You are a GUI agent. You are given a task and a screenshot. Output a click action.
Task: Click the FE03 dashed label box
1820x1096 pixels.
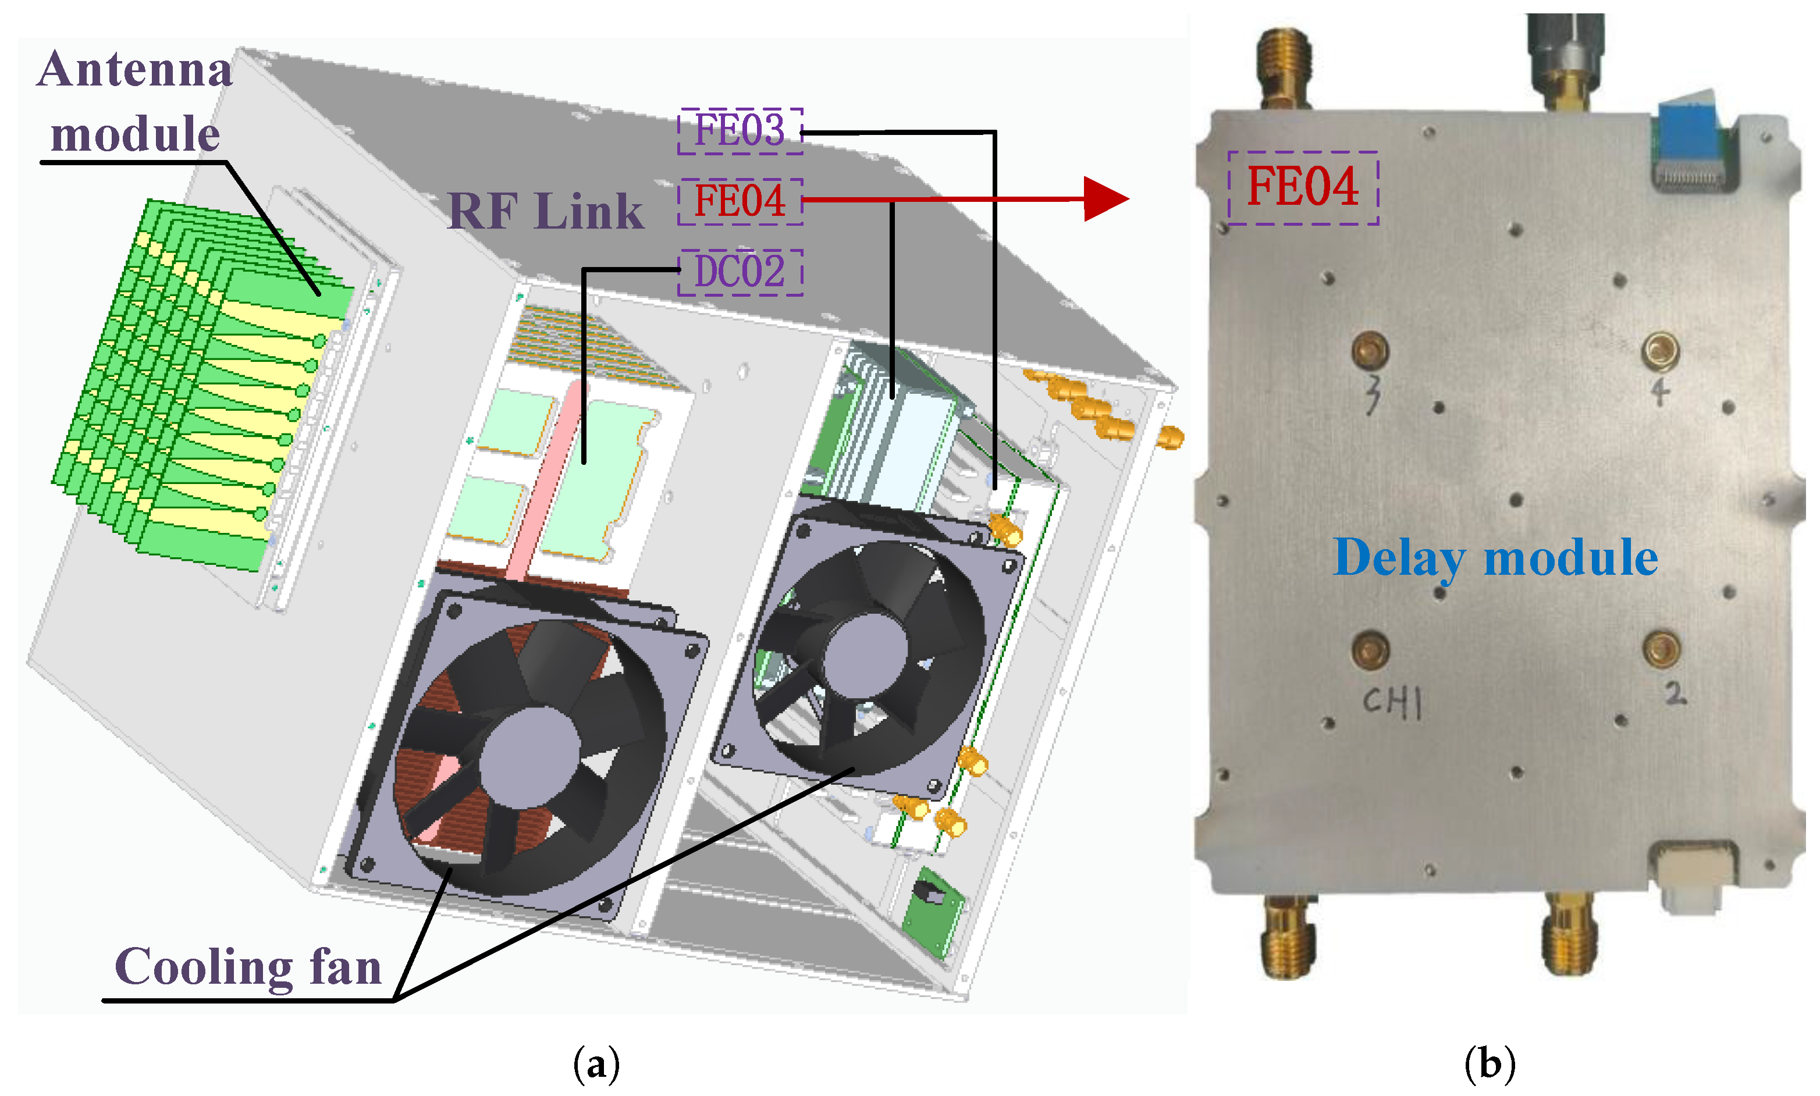click(x=740, y=131)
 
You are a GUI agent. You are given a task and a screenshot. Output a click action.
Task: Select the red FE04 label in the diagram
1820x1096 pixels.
click(x=740, y=201)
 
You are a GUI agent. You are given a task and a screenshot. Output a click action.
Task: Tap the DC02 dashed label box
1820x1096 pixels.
click(x=740, y=271)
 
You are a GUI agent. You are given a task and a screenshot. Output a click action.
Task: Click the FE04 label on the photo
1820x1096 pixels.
click(x=1302, y=187)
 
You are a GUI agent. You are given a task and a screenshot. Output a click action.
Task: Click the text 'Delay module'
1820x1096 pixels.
click(x=1495, y=558)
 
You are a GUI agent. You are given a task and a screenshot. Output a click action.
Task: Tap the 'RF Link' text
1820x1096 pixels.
click(x=545, y=212)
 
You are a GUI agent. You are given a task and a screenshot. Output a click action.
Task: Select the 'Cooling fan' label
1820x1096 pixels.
click(x=248, y=967)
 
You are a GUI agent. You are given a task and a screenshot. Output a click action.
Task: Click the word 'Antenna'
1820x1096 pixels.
click(x=135, y=70)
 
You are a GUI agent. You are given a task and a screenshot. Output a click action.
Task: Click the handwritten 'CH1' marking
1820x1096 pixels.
click(x=1392, y=701)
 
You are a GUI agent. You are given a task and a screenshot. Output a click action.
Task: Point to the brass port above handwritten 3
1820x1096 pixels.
click(x=1370, y=351)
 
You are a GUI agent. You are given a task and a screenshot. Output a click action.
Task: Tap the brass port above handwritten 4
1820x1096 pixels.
click(x=1661, y=351)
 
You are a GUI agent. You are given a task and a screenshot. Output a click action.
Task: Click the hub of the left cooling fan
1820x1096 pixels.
click(x=529, y=756)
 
